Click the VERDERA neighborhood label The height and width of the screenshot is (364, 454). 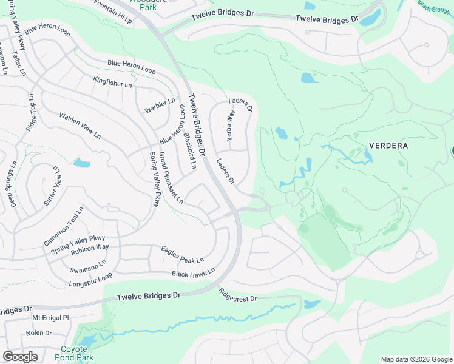point(388,146)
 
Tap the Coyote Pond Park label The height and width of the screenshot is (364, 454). point(77,353)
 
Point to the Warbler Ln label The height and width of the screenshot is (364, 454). point(160,106)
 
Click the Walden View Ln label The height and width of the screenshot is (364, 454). point(80,126)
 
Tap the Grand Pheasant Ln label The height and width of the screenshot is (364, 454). point(171,177)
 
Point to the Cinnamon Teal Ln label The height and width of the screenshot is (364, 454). point(63,226)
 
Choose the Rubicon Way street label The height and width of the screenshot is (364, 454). point(89,247)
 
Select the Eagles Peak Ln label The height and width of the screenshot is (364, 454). point(182,255)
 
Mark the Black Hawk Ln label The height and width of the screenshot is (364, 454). point(193,274)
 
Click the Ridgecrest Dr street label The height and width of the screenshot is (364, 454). point(238,295)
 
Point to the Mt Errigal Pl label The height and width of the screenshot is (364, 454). point(52,317)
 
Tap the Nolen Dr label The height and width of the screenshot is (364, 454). point(39,333)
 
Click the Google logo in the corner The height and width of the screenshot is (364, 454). point(21,357)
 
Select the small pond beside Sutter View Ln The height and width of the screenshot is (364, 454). point(81,163)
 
